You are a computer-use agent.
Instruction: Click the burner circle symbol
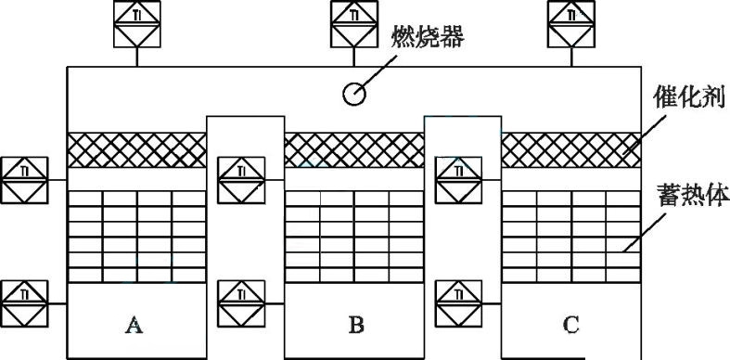click(354, 94)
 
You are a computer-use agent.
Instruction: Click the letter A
click(134, 325)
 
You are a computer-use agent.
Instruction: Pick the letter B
click(356, 325)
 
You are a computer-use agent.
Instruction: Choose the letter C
click(571, 325)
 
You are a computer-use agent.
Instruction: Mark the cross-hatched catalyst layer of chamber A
click(136, 148)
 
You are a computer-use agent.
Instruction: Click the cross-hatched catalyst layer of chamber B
click(353, 148)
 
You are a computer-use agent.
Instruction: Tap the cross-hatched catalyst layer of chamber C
click(571, 148)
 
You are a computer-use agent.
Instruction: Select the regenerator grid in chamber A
click(136, 237)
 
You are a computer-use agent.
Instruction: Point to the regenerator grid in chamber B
click(353, 237)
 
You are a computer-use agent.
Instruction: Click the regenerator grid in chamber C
click(571, 237)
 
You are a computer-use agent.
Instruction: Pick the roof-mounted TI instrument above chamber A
click(137, 22)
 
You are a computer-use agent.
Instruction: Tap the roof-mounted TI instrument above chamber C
click(571, 22)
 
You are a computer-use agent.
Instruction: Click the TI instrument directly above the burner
click(354, 22)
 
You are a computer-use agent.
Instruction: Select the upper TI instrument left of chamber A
click(25, 180)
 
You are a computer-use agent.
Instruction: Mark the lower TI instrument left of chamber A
click(25, 302)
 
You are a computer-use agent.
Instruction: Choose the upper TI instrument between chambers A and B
click(241, 180)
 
